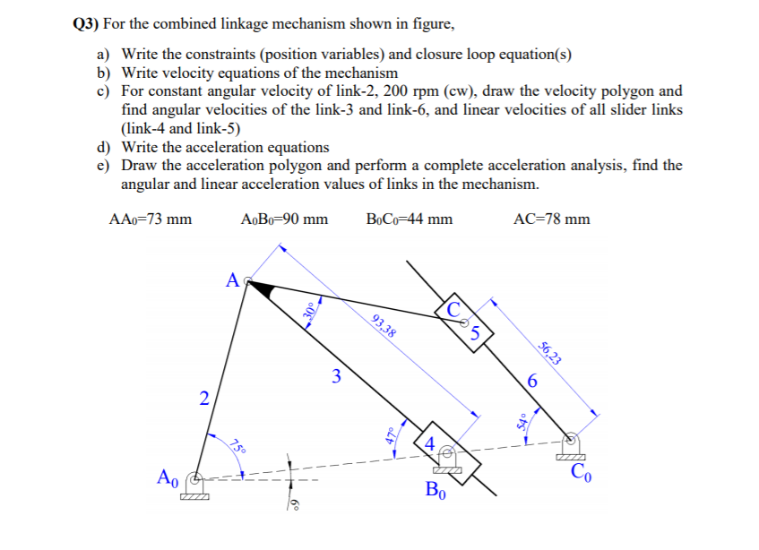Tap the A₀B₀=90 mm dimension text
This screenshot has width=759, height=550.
point(284,219)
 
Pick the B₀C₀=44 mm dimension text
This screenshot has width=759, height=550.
point(409,219)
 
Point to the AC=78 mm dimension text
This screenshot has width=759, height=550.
point(553,219)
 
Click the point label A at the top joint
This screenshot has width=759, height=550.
point(231,280)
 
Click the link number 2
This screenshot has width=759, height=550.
point(205,399)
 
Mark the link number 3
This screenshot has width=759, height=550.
point(336,376)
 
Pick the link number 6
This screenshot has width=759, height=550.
point(533,382)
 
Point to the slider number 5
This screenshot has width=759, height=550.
point(477,335)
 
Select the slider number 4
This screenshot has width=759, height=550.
point(430,443)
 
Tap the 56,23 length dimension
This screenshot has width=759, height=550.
point(551,354)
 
